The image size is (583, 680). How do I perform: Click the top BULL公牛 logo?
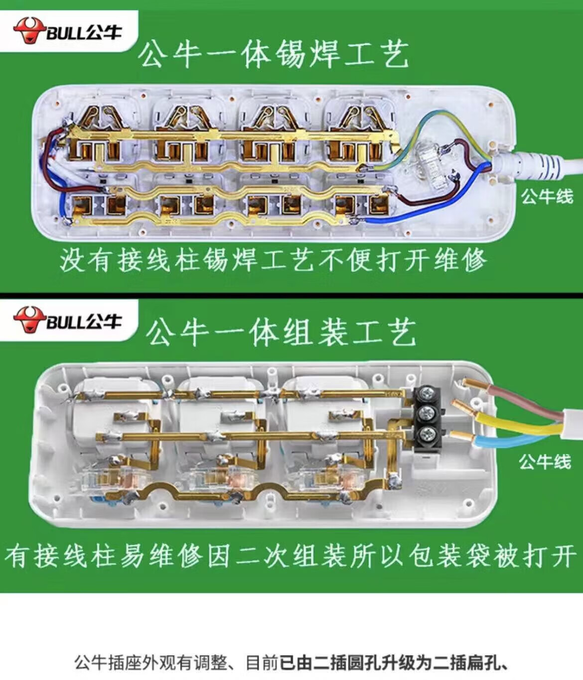coord(67,30)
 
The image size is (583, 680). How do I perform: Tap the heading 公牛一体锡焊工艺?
coord(274,54)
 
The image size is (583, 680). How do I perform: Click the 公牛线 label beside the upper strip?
coord(547,196)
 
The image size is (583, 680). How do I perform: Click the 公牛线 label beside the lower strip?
coord(545,461)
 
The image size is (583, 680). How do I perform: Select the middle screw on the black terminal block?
coord(427,414)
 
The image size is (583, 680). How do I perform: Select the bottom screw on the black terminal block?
coord(427,434)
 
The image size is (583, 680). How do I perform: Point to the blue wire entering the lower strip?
coord(518,438)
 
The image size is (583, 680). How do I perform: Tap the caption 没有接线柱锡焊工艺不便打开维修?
coord(273,259)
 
